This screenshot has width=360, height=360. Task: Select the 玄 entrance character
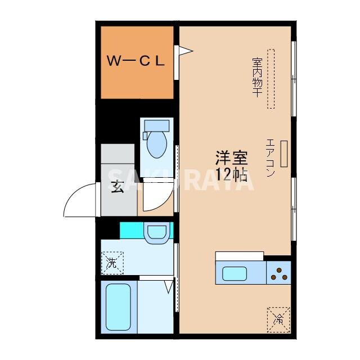[117, 187]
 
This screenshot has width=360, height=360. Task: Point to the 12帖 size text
[232, 174]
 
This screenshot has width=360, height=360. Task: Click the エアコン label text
[269, 158]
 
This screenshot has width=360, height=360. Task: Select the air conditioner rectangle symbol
[283, 154]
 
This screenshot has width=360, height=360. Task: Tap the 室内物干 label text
[257, 78]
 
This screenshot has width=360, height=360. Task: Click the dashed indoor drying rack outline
[272, 79]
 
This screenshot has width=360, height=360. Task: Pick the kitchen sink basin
[235, 274]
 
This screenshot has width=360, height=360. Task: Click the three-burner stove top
[278, 273]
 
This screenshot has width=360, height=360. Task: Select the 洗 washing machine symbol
[112, 262]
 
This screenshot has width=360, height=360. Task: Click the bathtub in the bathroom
[118, 307]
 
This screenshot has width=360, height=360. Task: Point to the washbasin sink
[156, 232]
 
